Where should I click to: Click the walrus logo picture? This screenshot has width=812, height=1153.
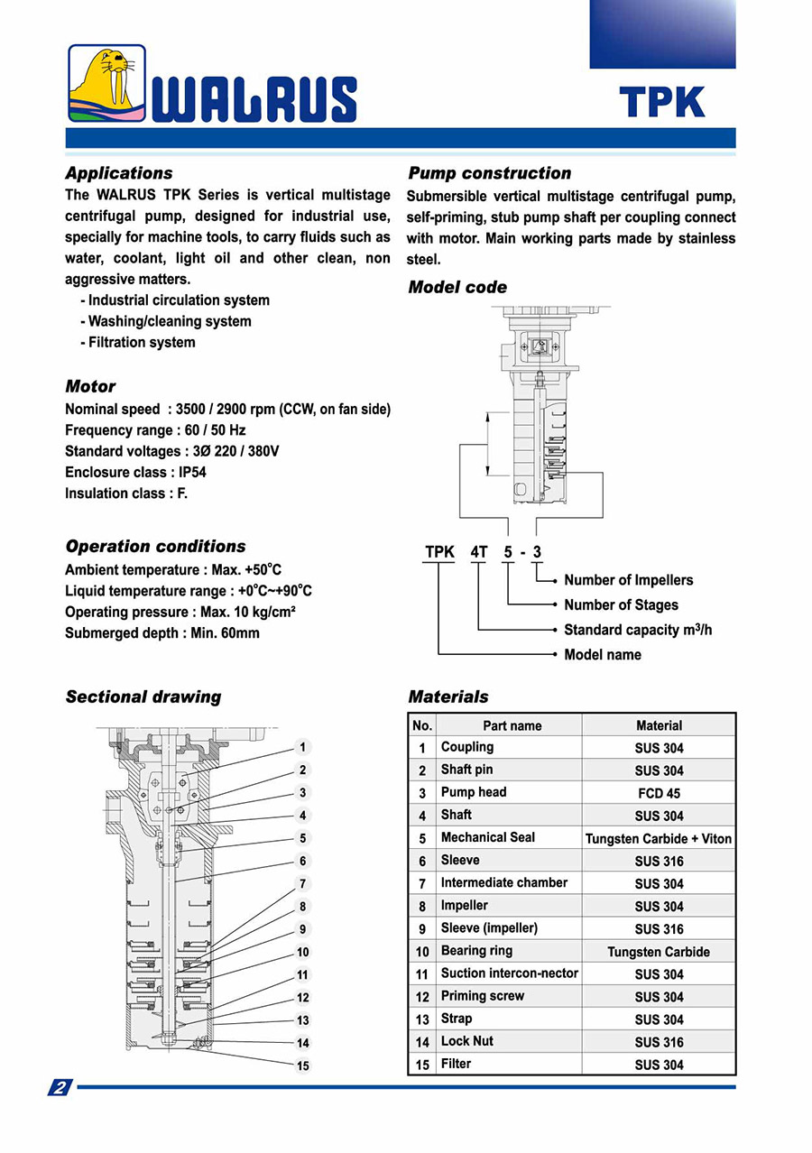(106, 84)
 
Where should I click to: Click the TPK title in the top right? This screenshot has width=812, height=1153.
(661, 102)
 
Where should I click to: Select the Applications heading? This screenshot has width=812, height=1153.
(118, 173)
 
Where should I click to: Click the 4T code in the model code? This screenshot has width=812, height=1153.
(478, 552)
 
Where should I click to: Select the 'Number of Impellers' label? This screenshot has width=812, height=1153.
(628, 580)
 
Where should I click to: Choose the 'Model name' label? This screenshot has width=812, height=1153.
(602, 654)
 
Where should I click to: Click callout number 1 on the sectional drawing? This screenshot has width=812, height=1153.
(303, 747)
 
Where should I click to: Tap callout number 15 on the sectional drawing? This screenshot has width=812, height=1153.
(303, 1065)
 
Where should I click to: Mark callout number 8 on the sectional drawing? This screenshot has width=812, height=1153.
(303, 906)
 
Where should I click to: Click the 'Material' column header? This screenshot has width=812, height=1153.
(659, 725)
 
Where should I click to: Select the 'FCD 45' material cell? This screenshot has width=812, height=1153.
(659, 793)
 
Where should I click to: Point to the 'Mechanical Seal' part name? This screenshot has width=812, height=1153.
(487, 837)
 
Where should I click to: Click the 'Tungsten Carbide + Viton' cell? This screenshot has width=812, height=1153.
(659, 838)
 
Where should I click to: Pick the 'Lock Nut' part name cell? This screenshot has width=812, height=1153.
(466, 1041)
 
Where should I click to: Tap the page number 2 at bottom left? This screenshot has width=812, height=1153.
(60, 1087)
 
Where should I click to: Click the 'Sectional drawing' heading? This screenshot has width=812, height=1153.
(143, 696)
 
